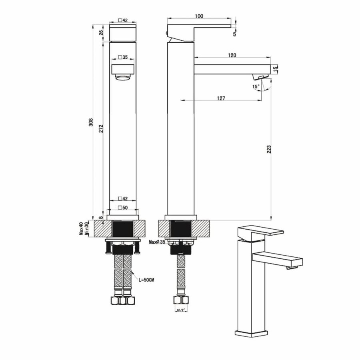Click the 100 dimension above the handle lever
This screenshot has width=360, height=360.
[x=199, y=16]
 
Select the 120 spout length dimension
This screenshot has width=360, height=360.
[x=232, y=55]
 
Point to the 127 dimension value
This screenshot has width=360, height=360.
[x=222, y=98]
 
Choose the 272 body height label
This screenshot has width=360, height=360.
[x=102, y=128]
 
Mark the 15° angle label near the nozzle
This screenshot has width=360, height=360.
[x=256, y=86]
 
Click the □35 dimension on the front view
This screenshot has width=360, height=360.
[x=123, y=58]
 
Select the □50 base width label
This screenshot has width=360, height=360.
[x=123, y=207]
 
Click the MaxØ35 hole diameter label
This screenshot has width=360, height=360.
[x=157, y=242]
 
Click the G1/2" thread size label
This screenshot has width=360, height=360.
[x=181, y=310]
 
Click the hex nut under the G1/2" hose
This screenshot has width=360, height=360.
[x=181, y=300]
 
